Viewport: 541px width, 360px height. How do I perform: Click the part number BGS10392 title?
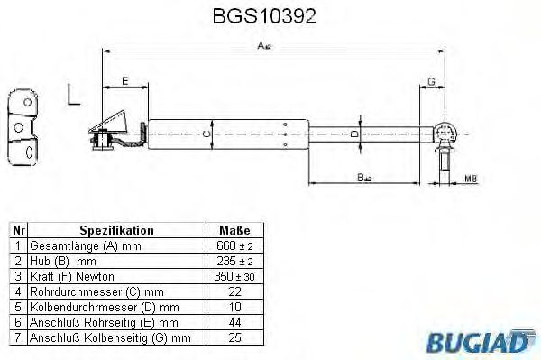point(270,16)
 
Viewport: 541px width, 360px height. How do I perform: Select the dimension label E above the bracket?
point(124,82)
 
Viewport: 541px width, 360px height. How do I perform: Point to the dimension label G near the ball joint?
point(433,82)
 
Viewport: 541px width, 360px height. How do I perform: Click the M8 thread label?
point(471,180)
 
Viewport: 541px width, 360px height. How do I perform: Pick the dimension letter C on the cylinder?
point(205,134)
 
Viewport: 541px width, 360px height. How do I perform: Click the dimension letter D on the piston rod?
point(354,134)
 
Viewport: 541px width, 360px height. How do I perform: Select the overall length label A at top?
point(264,45)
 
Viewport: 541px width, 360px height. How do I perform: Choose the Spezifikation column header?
point(117,231)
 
